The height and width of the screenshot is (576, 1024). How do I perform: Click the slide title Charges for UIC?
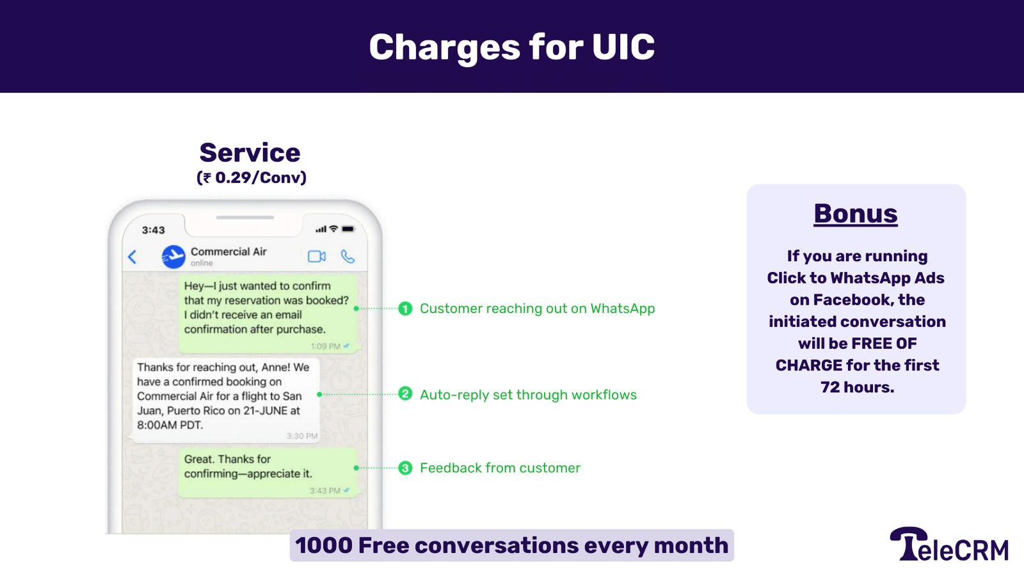(511, 47)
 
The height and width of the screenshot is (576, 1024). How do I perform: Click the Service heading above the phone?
(250, 153)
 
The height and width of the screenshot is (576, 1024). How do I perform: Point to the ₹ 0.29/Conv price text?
(252, 177)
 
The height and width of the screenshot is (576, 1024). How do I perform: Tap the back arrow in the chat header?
(132, 257)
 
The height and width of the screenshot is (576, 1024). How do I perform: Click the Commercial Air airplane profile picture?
(173, 257)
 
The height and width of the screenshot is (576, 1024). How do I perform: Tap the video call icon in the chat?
(317, 257)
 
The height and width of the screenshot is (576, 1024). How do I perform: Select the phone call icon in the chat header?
(348, 257)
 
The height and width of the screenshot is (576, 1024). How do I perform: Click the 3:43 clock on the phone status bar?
(154, 230)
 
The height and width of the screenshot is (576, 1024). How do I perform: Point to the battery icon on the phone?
(348, 229)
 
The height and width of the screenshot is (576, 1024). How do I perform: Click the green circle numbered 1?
(405, 308)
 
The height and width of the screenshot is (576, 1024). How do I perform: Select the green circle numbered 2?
(405, 394)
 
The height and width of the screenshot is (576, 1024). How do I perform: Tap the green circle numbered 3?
(405, 468)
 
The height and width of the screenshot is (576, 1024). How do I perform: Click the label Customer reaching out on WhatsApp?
(537, 308)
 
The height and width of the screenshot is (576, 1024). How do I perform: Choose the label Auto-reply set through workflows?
(528, 395)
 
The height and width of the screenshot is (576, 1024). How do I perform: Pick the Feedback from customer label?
(500, 468)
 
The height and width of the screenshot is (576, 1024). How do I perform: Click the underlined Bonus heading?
(856, 214)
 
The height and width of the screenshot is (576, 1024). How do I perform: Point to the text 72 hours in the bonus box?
(857, 387)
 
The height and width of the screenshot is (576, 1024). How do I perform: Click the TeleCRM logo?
(949, 545)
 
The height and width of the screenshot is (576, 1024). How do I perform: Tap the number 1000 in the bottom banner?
(324, 545)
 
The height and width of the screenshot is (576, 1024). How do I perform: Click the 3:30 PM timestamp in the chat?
(302, 436)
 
